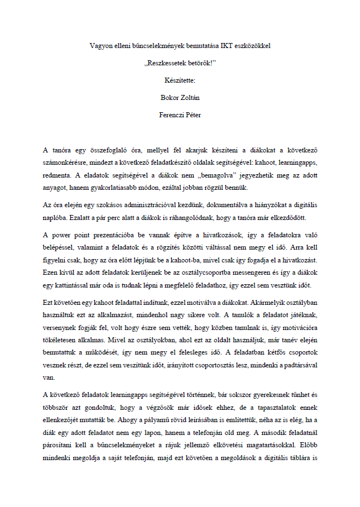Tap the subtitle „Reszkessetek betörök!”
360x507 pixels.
click(x=180, y=63)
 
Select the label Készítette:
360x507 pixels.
click(x=180, y=80)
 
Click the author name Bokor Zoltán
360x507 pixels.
click(x=180, y=98)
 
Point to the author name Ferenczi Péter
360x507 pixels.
click(x=180, y=116)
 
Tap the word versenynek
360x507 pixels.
click(x=61, y=326)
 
